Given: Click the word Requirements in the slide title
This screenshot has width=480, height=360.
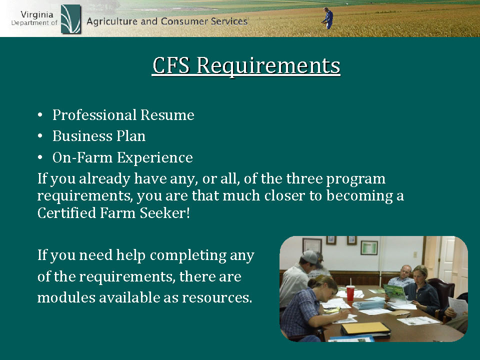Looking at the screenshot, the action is pyautogui.click(x=268, y=66).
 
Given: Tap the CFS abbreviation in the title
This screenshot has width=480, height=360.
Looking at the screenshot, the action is pyautogui.click(x=171, y=65).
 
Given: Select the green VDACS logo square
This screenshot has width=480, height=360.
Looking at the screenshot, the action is pyautogui.click(x=70, y=19).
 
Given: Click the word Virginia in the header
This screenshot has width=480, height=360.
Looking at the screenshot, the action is pyautogui.click(x=36, y=14).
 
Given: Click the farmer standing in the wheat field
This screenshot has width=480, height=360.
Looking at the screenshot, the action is pyautogui.click(x=328, y=18).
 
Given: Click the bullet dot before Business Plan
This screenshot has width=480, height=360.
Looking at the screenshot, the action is pyautogui.click(x=40, y=135).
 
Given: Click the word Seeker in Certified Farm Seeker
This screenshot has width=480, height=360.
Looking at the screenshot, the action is pyautogui.click(x=164, y=213).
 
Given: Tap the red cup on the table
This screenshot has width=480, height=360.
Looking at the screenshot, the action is pyautogui.click(x=350, y=293).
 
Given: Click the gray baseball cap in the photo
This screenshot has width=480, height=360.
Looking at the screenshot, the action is pyautogui.click(x=310, y=257).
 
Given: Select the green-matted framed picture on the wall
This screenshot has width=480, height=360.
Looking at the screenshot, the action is pyautogui.click(x=369, y=247).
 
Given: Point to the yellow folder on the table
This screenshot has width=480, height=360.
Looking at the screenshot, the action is pyautogui.click(x=365, y=328).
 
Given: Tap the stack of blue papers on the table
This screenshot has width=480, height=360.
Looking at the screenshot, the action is pyautogui.click(x=369, y=304).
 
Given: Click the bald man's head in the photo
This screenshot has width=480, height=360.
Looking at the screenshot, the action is pyautogui.click(x=405, y=272).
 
